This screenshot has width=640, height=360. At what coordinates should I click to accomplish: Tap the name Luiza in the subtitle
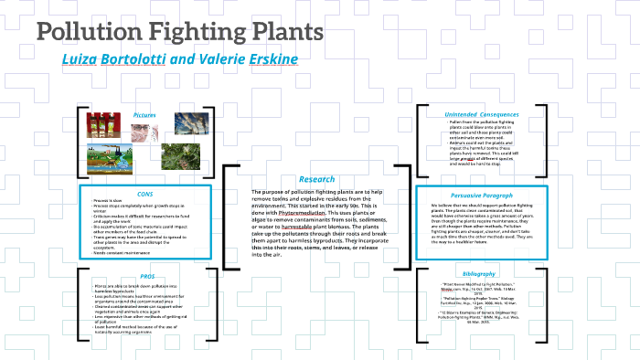coord(82,58)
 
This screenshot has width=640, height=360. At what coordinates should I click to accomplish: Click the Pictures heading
coord(144,115)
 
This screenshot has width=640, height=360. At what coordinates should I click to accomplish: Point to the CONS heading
coord(144,193)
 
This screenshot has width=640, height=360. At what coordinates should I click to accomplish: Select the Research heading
coord(316,179)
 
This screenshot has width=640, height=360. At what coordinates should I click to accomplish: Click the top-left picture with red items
coord(98,124)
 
